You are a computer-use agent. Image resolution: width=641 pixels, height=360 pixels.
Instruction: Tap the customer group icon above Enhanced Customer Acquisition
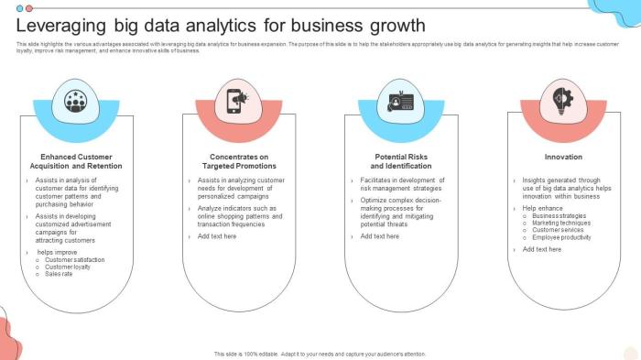(x=75, y=102)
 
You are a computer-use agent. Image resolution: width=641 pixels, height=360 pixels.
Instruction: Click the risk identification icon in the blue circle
(x=401, y=102)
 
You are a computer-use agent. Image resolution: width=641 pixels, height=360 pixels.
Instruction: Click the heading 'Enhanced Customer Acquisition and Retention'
(x=76, y=161)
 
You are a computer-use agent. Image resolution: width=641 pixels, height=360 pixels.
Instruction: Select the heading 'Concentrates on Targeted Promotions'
(x=239, y=161)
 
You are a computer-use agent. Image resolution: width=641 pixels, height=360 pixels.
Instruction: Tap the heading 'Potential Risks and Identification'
(x=401, y=161)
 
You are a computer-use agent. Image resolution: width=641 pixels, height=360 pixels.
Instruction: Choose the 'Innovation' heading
(x=563, y=157)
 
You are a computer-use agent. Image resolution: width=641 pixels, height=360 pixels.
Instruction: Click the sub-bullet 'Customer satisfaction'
(x=75, y=259)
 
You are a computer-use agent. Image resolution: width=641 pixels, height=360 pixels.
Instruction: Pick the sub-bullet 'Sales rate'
(x=59, y=273)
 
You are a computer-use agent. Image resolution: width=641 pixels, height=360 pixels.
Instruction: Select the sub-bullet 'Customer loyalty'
(x=69, y=267)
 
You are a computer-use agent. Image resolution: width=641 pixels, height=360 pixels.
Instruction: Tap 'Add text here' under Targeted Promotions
(x=217, y=236)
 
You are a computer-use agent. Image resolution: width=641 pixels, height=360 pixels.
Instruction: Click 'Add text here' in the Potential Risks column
(x=379, y=236)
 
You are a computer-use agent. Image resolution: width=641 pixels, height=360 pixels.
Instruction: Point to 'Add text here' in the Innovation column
(x=541, y=249)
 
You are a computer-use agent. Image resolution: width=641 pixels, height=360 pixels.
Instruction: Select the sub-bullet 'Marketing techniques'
(x=561, y=223)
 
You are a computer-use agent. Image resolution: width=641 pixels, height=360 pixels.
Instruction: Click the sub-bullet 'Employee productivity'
(x=563, y=237)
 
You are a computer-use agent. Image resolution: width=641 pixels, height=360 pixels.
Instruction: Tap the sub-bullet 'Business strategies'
(x=559, y=216)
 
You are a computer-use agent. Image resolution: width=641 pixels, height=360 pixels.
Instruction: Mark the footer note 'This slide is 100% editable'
(x=320, y=354)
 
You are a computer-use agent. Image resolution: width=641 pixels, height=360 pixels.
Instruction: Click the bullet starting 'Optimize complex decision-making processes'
(x=401, y=212)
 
